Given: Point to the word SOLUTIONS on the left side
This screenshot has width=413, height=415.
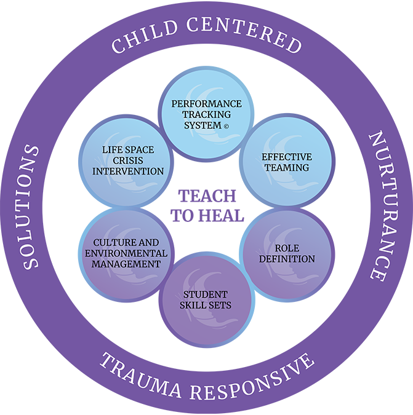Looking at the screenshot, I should click(31, 207).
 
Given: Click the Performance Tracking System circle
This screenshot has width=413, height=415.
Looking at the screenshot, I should click(206, 114).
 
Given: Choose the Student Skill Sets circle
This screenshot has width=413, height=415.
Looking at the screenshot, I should click(206, 299).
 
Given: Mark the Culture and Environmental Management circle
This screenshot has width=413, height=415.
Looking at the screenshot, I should click(126, 253).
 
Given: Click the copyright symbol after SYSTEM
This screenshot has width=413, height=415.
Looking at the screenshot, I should click(227, 126).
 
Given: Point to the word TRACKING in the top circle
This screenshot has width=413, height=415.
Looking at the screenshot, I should click(206, 114).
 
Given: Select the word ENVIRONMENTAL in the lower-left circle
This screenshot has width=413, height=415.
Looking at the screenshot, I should click(126, 253).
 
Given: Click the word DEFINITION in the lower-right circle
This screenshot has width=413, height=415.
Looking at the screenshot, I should click(286, 259).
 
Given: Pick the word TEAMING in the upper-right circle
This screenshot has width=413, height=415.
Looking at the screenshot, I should click(286, 167).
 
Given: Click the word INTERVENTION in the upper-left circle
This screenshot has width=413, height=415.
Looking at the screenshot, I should click(128, 171).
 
